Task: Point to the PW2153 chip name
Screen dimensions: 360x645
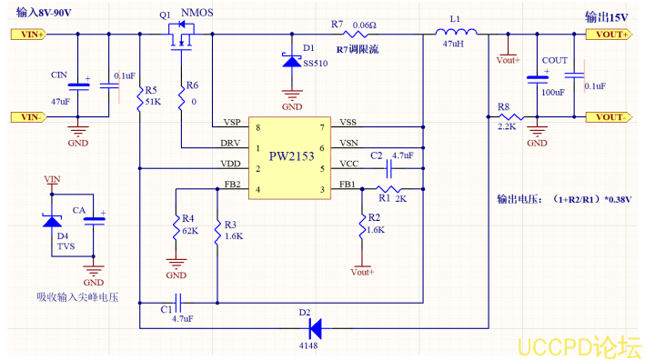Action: pyautogui.click(x=292, y=156)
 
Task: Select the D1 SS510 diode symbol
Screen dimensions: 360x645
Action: pyautogui.click(x=292, y=61)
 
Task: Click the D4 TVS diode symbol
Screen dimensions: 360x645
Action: pyautogui.click(x=51, y=218)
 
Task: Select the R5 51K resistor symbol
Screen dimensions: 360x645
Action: pyautogui.click(x=139, y=95)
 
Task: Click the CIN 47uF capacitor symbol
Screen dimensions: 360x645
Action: pyautogui.click(x=79, y=85)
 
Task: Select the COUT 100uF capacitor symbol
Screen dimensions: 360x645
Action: pyautogui.click(x=537, y=79)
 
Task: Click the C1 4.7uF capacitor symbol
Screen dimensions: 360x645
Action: pyautogui.click(x=179, y=299)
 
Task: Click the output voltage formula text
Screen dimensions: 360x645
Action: pyautogui.click(x=563, y=197)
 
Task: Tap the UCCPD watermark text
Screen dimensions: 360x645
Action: pyautogui.click(x=578, y=346)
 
